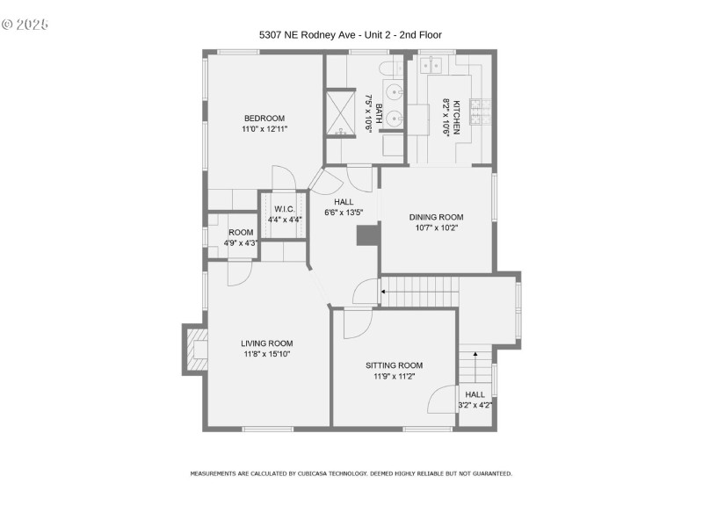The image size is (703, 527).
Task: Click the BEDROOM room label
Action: click(265, 119)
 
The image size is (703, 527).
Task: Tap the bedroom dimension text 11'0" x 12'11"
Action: click(265, 129)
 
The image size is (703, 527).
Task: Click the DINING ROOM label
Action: click(436, 217)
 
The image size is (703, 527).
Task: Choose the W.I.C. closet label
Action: click(283, 209)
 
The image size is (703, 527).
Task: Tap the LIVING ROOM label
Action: click(267, 343)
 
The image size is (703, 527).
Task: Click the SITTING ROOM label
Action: click(395, 365)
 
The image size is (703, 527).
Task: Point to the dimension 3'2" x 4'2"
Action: click(475, 405)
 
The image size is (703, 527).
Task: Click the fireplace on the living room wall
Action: click(194, 350)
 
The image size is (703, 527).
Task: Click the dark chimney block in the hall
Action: click(366, 235)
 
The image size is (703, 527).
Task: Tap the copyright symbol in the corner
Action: click(9, 24)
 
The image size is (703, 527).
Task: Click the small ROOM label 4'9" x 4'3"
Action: click(241, 232)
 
